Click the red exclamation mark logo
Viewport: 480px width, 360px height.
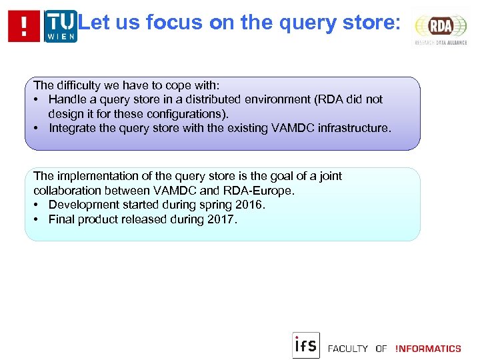[x=24, y=26]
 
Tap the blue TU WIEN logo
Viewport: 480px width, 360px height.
[x=61, y=26]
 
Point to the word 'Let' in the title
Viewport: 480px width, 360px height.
[x=93, y=23]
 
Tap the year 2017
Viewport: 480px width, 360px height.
[x=221, y=219]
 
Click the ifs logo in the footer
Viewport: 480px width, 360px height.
[x=306, y=345]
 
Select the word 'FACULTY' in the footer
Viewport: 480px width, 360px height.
[x=348, y=349]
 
